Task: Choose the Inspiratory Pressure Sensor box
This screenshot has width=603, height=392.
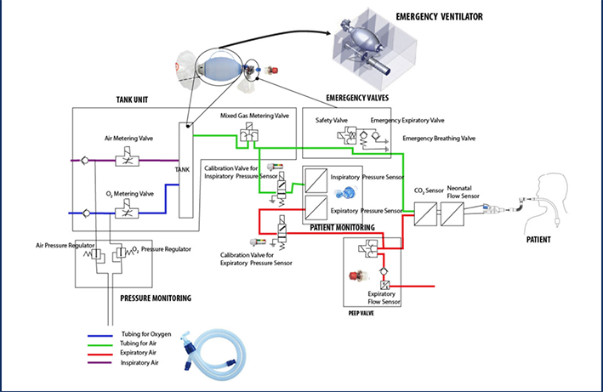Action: (x=316, y=181)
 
